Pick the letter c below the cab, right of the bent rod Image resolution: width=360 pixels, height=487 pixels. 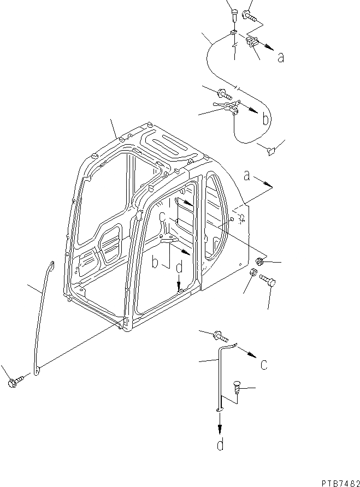tap(264, 364)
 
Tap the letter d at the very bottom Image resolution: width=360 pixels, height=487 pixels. tap(220, 446)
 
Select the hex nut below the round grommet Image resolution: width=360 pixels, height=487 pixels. tap(253, 272)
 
